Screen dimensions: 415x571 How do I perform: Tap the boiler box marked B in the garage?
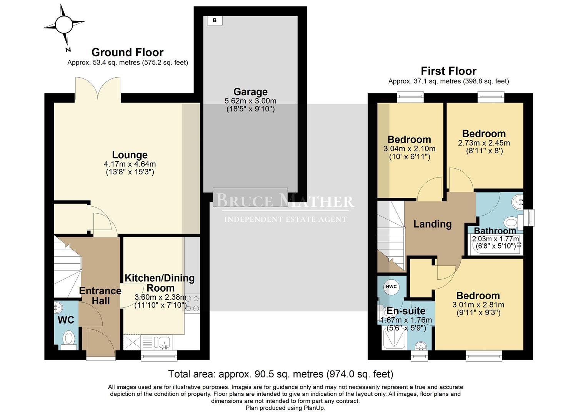(x=215, y=20)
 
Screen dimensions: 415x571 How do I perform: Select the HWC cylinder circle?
(x=391, y=287)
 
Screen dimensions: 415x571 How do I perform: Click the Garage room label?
(x=250, y=92)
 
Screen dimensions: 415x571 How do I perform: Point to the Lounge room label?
(x=130, y=155)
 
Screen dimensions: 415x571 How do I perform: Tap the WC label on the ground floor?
(x=66, y=320)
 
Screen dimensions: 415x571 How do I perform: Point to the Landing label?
(x=433, y=224)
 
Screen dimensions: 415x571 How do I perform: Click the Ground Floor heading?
(x=127, y=52)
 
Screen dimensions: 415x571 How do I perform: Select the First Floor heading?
(x=448, y=71)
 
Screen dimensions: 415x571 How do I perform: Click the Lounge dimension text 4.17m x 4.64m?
(x=130, y=164)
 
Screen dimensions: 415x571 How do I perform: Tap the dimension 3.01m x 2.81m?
(x=478, y=305)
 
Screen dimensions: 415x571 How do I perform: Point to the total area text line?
(x=281, y=374)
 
